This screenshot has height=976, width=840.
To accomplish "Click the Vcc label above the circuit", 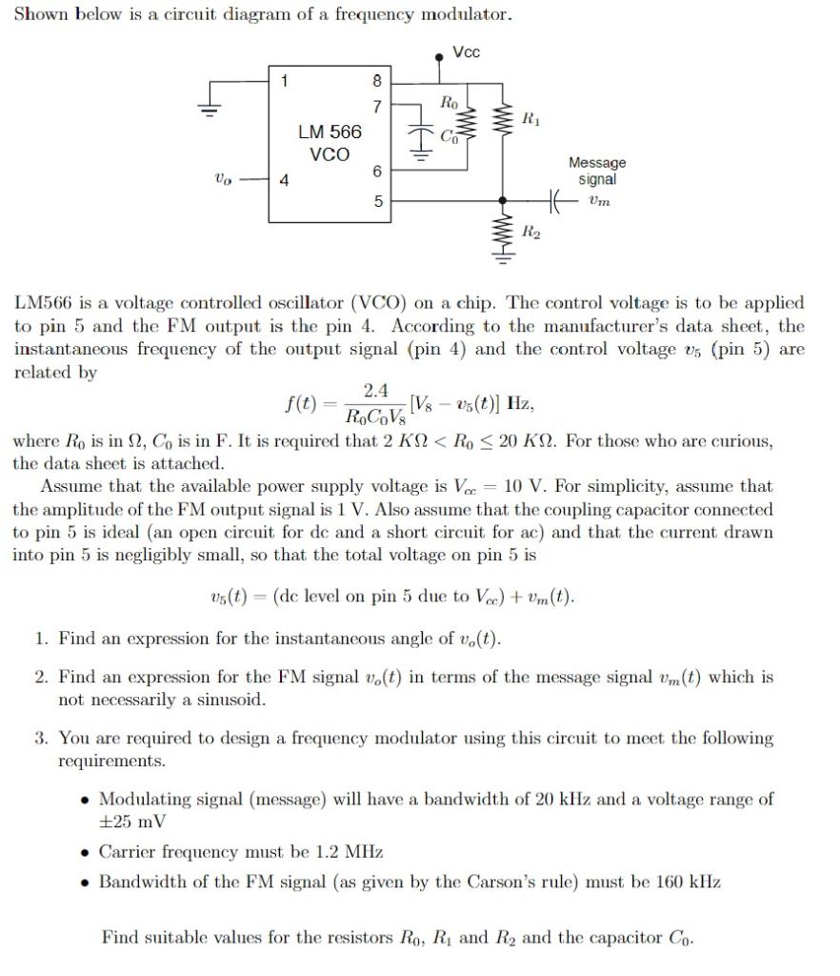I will coord(466,52).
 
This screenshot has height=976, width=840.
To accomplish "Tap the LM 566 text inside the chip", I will coord(330,132).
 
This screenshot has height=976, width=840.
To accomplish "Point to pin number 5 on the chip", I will coord(377,201).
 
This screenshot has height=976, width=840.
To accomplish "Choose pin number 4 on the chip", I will coord(283,178).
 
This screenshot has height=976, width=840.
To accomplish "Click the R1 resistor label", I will coord(530,119).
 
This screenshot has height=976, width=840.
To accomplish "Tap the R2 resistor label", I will coord(530,233).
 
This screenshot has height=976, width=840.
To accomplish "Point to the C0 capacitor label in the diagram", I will coord(449,136).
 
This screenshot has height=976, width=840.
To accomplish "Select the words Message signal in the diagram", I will coord(596,172).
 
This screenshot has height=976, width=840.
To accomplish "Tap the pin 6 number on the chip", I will coord(377,170).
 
